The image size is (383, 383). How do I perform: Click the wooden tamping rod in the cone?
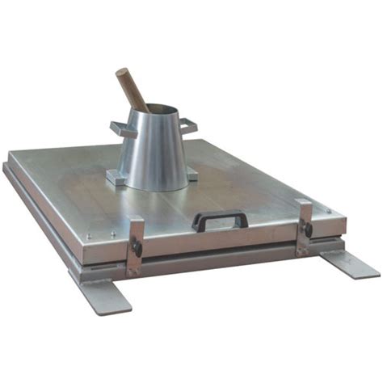tap(132, 89)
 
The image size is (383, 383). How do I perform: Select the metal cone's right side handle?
tap(188, 124)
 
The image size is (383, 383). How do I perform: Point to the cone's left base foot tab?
tap(116, 178)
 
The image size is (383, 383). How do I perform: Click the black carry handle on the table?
tap(219, 219)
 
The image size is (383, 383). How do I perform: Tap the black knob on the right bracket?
tap(308, 229)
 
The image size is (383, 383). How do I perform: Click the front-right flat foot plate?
tap(348, 263)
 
